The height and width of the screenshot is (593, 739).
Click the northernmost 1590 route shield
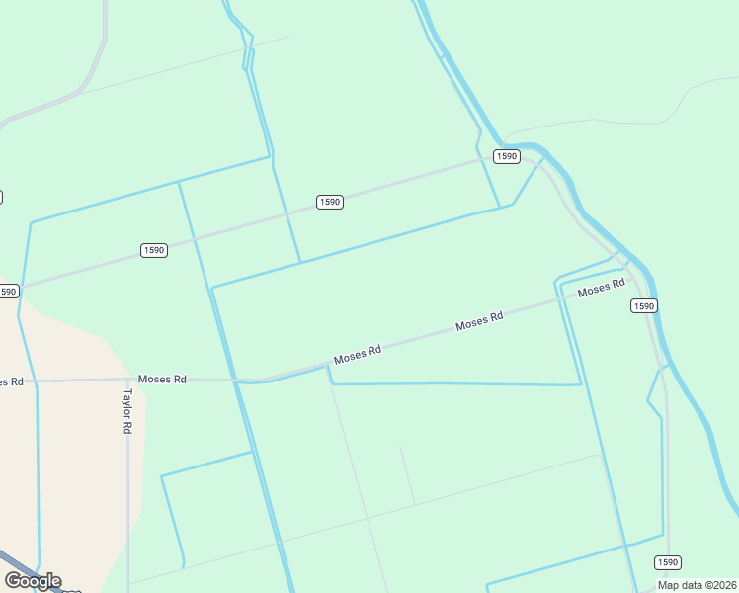(x=506, y=157)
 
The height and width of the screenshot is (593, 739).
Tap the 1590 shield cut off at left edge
(x=8, y=292)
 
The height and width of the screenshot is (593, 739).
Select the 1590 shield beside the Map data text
(x=669, y=562)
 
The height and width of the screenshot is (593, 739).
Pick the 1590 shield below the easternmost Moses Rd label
(x=643, y=306)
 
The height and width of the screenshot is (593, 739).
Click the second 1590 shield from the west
(x=154, y=250)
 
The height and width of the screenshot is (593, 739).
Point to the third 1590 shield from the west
(x=330, y=202)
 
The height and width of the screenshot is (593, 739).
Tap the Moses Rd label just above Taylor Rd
(x=162, y=379)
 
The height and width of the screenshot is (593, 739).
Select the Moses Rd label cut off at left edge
(x=11, y=381)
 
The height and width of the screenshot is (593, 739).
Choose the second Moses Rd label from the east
(x=479, y=321)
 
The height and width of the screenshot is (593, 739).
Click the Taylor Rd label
(x=127, y=411)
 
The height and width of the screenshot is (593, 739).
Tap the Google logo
(x=33, y=581)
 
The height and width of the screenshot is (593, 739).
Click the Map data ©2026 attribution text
(x=698, y=585)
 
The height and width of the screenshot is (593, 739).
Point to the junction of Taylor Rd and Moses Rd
(x=128, y=379)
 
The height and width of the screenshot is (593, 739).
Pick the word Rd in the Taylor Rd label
(x=127, y=427)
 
